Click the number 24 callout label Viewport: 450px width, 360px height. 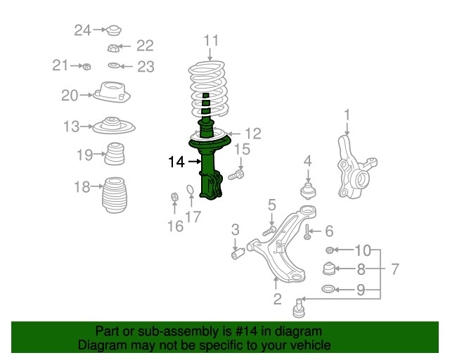[x=83, y=30]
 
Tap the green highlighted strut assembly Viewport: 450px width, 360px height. [x=208, y=169]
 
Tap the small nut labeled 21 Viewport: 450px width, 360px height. [x=84, y=67]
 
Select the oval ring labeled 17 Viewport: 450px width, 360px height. [x=191, y=190]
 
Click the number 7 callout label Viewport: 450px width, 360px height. [x=395, y=269]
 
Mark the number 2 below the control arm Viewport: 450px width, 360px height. [x=277, y=300]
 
